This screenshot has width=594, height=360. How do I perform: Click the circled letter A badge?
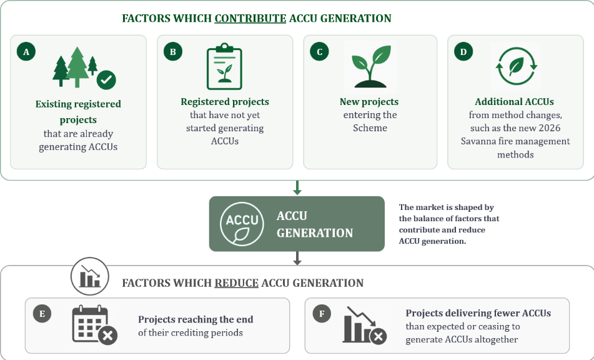tap(26, 51)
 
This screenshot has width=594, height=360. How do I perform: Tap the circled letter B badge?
tap(173, 51)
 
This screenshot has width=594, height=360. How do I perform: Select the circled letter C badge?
tap(319, 51)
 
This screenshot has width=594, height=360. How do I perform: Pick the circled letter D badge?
tap(463, 51)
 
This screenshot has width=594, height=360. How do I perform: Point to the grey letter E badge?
tap(42, 314)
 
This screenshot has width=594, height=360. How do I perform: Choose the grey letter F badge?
tap(322, 314)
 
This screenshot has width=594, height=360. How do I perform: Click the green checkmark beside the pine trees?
tap(106, 79)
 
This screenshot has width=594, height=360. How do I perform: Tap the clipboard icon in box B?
tap(224, 67)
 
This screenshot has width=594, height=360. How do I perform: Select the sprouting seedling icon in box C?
tap(371, 67)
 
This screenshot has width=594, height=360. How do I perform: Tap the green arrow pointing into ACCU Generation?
tap(297, 188)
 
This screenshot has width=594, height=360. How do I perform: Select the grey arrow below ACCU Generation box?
tap(297, 258)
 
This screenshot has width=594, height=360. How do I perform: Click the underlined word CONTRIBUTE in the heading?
tap(250, 18)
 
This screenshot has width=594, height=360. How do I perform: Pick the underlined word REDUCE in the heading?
tap(236, 283)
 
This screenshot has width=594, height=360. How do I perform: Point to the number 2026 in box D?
tap(549, 128)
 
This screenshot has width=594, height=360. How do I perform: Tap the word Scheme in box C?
tap(370, 128)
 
